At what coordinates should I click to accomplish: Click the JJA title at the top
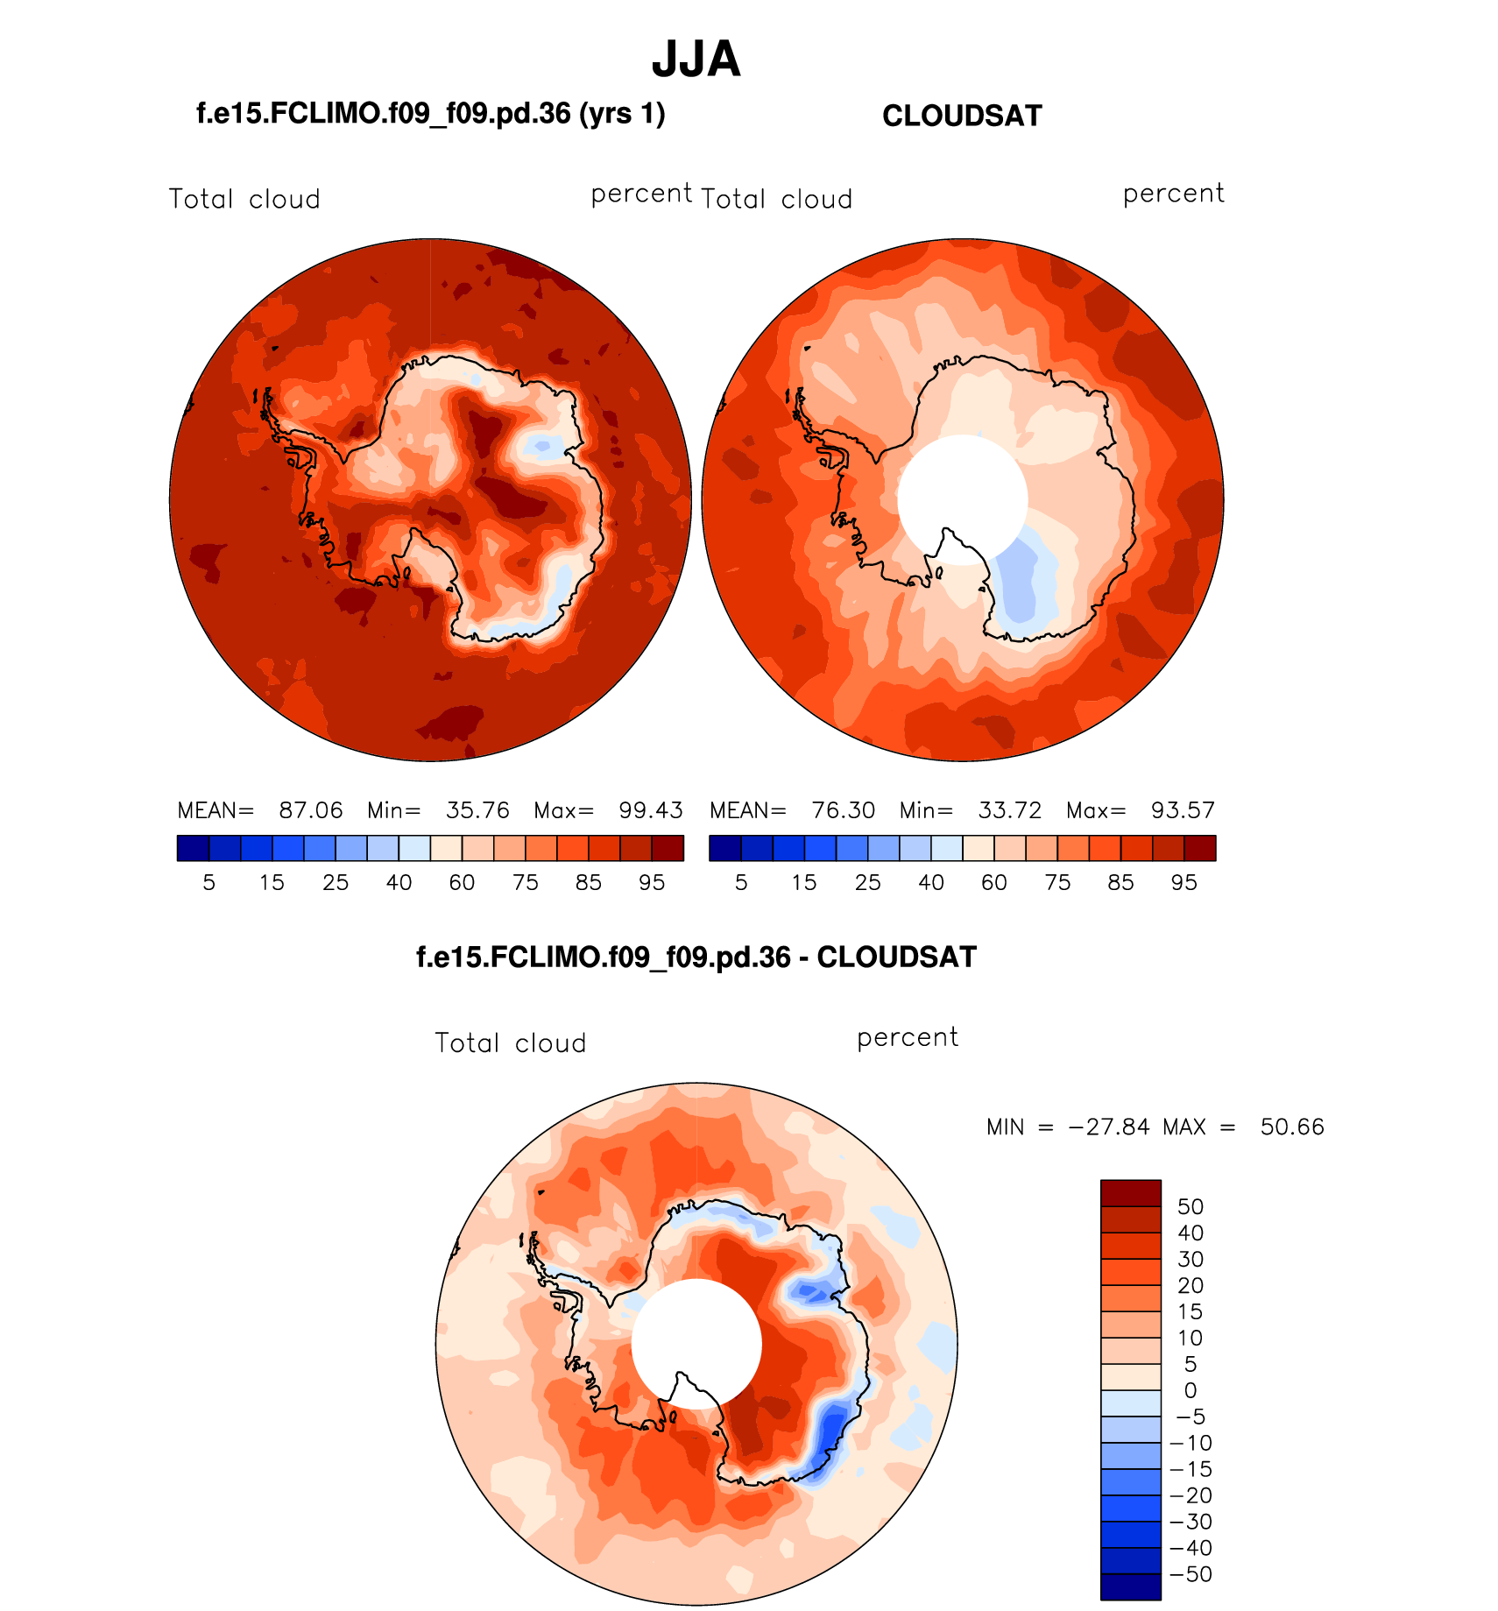[696, 60]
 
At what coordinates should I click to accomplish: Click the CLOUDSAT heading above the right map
[962, 116]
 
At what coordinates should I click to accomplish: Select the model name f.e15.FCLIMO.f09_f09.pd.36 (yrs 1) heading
[430, 114]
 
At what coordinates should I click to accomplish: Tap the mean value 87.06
[310, 810]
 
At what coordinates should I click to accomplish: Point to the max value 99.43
[650, 810]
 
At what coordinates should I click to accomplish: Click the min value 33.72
[1009, 810]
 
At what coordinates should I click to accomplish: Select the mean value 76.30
[843, 810]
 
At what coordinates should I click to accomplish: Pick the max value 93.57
[1183, 810]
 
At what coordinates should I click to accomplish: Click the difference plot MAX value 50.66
[1292, 1127]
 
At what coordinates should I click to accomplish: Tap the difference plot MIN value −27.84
[1109, 1127]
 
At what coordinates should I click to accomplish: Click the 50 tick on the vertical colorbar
[1190, 1207]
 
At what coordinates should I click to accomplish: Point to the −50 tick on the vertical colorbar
[1191, 1574]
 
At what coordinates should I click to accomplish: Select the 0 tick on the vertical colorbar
[1190, 1390]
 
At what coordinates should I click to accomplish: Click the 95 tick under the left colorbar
[652, 883]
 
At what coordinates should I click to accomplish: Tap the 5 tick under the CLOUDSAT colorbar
[741, 883]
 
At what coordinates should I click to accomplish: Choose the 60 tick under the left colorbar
[462, 883]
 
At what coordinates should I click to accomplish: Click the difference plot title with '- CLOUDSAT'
[696, 957]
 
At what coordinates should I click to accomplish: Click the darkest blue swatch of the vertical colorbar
[1130, 1587]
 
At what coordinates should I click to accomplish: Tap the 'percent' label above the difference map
[908, 1038]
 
